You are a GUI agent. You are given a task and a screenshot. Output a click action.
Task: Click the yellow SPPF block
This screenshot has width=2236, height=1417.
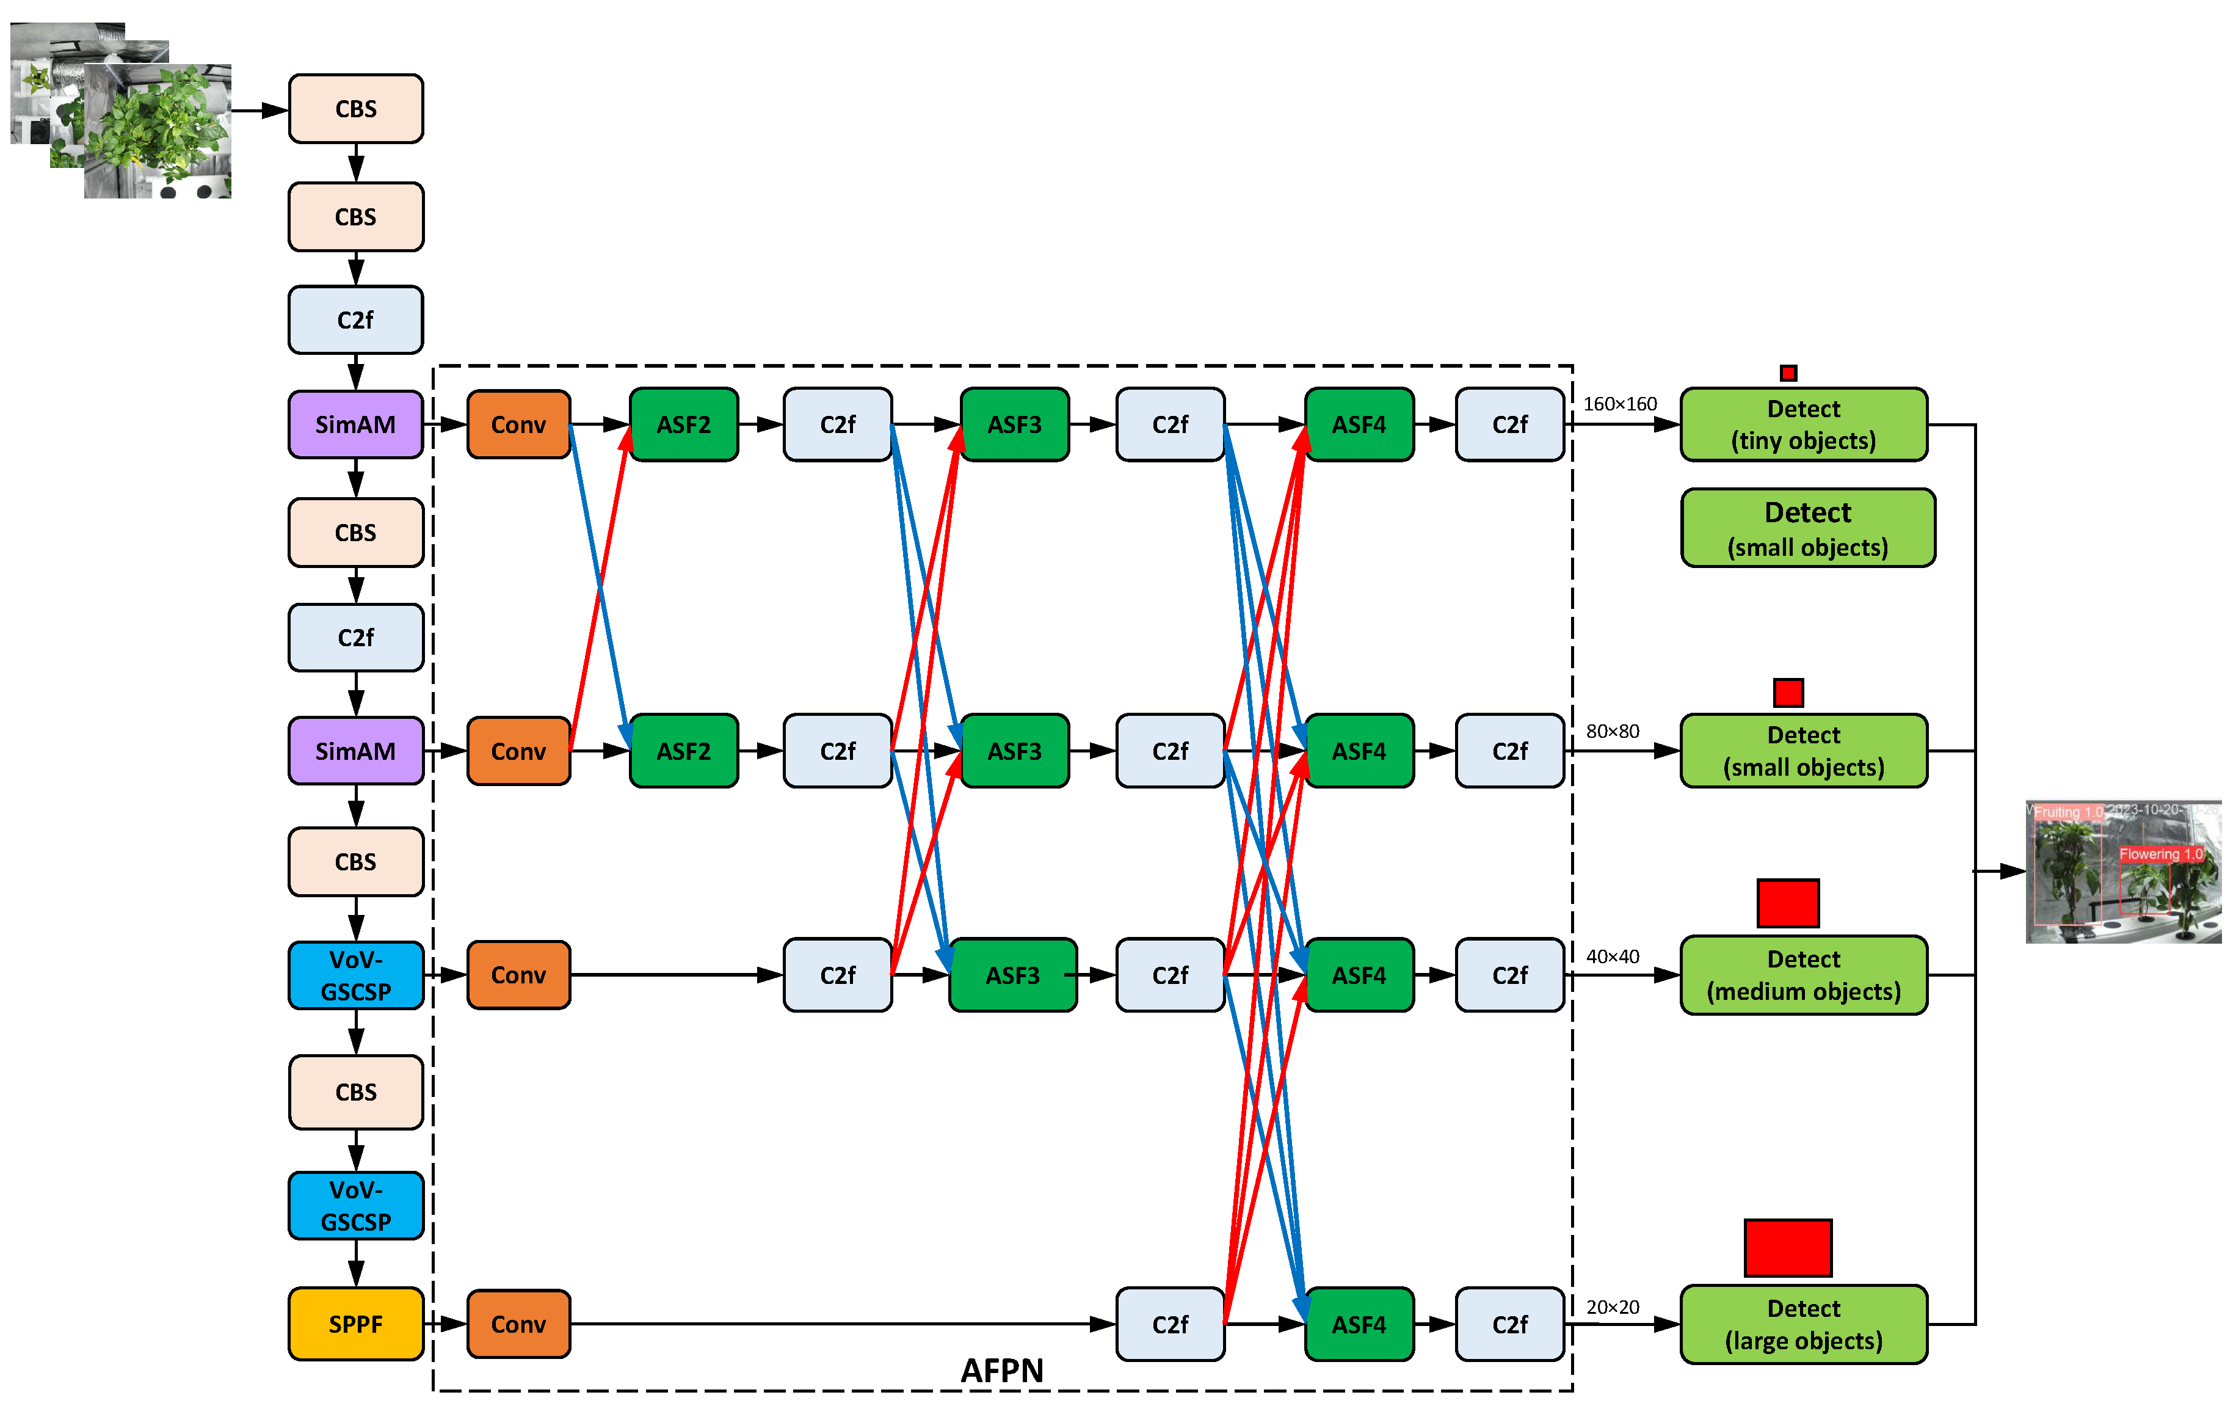pos(355,1323)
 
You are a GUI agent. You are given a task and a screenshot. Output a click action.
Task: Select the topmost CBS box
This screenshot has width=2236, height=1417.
pos(355,109)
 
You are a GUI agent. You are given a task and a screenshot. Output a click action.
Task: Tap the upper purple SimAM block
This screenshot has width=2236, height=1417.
pos(355,424)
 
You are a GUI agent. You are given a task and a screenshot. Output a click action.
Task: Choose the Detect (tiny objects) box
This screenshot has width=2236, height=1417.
pos(1803,424)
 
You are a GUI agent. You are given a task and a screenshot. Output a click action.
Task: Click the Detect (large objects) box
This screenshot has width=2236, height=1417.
pos(1803,1324)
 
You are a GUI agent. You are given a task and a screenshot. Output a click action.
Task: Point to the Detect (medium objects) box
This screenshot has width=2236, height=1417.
pos(1803,975)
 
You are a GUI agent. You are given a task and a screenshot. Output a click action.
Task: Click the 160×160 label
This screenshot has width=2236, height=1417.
pos(1619,404)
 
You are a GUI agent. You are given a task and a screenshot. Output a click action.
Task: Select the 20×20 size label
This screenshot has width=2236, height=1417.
pos(1612,1306)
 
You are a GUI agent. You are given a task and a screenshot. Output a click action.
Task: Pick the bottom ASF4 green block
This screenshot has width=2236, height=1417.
pos(1359,1324)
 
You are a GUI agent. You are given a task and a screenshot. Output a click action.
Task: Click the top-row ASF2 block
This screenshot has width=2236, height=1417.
pos(683,424)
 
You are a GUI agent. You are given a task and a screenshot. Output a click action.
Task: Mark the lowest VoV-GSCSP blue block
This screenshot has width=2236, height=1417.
pos(355,1205)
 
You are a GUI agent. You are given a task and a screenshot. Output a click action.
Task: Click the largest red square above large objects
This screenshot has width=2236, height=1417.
pos(1787,1247)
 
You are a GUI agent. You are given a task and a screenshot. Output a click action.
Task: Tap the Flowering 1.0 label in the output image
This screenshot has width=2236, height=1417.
pos(2160,853)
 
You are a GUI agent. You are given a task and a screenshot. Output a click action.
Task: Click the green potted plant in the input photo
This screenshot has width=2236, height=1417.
pos(158,130)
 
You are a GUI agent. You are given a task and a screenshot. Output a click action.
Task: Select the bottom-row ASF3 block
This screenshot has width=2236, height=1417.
pos(1012,975)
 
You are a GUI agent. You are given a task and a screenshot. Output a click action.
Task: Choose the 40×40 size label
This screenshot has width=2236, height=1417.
pos(1612,956)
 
